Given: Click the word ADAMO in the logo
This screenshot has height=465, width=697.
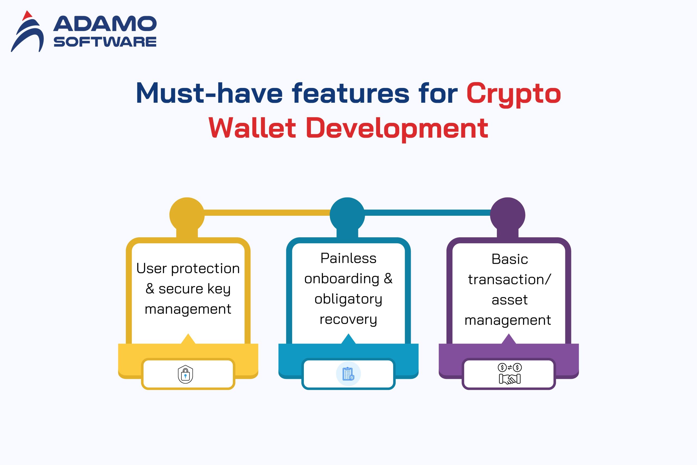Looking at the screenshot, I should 105,24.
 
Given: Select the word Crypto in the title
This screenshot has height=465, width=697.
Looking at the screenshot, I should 513,94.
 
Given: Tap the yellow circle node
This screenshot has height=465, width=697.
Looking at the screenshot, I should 187,215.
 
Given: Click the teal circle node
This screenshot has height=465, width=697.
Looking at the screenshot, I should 347,215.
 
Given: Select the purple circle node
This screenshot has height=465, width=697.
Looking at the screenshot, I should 508,215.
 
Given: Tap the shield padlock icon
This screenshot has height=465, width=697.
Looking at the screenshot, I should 185,374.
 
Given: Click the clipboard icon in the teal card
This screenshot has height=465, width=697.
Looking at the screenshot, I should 348,374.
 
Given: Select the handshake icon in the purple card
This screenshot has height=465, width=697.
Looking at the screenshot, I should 510,379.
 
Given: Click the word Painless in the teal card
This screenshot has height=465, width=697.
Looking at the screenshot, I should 348,258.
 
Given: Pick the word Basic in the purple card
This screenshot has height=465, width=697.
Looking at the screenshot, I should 510,259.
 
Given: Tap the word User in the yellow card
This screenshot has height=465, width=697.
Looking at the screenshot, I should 151,268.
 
